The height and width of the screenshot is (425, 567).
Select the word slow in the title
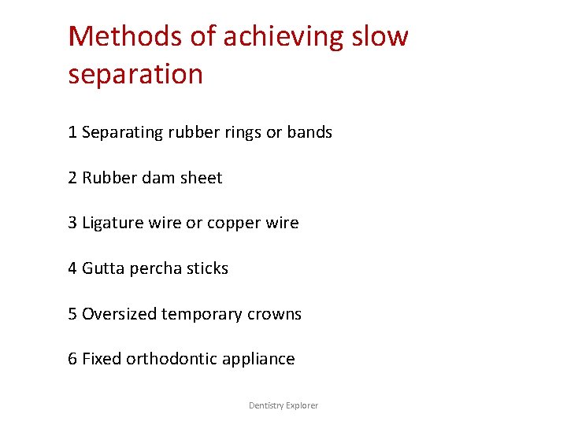tap(380, 36)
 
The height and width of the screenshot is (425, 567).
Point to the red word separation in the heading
tap(135, 74)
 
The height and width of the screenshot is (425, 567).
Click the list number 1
tap(72, 132)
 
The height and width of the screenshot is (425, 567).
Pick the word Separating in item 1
tap(122, 132)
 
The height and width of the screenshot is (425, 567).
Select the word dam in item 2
tap(157, 178)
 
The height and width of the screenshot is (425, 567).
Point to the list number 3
tap(72, 223)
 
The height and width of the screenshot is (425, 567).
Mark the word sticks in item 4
tap(206, 268)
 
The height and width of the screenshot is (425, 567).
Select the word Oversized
tap(119, 314)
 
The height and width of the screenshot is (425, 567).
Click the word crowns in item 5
tap(275, 314)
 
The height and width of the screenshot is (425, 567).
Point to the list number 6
tap(72, 359)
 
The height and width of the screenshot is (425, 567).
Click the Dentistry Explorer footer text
tap(283, 405)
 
